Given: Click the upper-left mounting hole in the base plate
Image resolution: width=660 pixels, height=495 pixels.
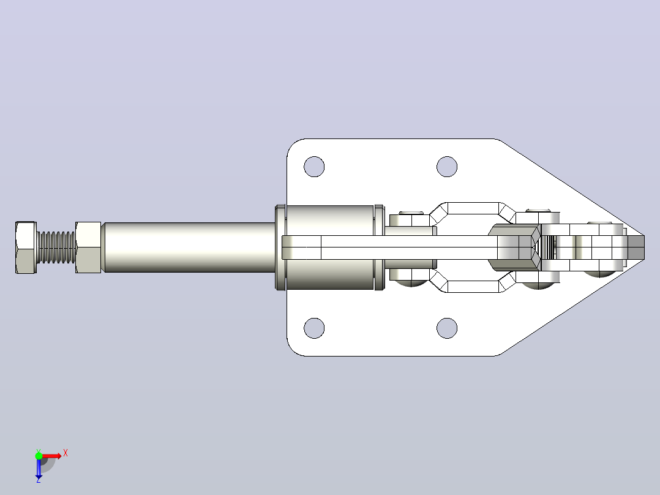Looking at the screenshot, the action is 314,167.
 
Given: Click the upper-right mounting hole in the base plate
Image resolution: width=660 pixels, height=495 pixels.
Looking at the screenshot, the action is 447,167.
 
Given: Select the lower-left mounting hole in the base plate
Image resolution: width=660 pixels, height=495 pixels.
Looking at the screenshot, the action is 314,328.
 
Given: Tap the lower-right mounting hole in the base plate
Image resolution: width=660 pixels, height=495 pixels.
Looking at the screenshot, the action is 447,328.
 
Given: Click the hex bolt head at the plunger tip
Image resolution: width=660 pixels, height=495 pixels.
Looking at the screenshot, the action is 26,247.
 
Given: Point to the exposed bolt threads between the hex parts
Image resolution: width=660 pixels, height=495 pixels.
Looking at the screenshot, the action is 56,247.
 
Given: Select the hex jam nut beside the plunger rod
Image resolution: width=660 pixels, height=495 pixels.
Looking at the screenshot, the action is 88,247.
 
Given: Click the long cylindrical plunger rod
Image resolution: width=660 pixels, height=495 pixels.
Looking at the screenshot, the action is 189,247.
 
